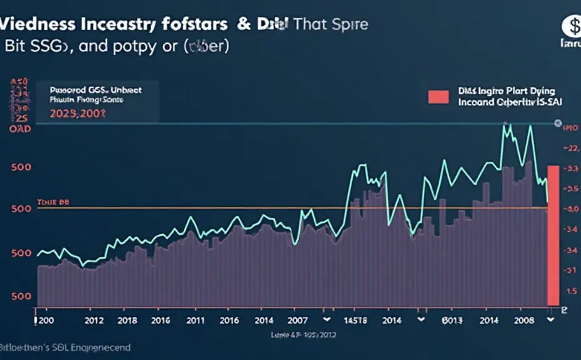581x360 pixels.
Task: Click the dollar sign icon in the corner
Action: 571,26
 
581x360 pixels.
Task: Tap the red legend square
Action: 439,97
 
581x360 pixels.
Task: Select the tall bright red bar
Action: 554,234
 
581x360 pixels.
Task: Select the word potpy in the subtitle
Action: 134,47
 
